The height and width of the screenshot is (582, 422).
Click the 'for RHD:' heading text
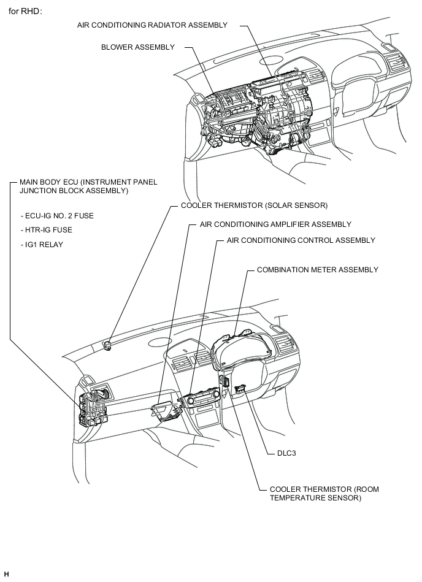pos(25,11)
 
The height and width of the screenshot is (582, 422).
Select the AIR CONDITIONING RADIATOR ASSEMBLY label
pos(152,25)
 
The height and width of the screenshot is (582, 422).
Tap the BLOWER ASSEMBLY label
pos(138,47)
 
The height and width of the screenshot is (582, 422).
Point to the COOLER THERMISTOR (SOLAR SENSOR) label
pos(254,205)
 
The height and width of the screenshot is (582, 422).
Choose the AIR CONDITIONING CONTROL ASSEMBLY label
pos(301,240)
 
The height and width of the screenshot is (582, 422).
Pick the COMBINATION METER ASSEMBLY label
pos(317,270)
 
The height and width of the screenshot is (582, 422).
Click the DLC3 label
pos(280,454)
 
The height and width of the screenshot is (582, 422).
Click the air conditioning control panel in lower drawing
pos(202,402)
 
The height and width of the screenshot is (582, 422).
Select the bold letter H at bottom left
pos(6,573)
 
